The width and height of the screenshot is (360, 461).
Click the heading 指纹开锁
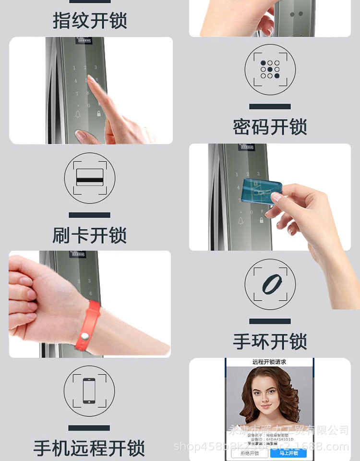click(x=90, y=21)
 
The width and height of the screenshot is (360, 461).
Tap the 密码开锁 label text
click(x=270, y=128)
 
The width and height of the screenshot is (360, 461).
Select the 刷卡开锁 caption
click(x=90, y=235)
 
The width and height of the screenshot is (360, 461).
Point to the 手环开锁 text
click(x=270, y=342)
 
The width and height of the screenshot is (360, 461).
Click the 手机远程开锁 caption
click(x=89, y=448)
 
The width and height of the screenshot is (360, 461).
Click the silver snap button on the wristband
click(x=85, y=335)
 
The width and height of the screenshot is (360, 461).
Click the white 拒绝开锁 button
click(x=250, y=453)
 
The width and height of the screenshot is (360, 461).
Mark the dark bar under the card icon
click(x=89, y=215)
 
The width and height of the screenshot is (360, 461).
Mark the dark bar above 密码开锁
click(x=270, y=107)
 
